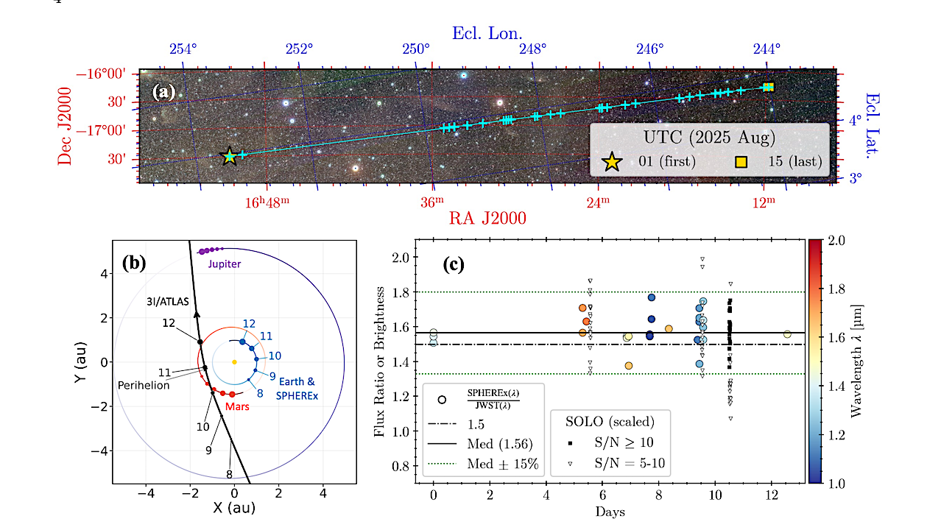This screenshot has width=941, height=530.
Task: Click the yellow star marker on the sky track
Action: pos(230,155)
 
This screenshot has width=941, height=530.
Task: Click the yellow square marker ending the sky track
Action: pos(769,87)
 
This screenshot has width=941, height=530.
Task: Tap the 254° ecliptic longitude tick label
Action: pos(183,49)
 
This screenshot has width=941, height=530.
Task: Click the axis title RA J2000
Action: pos(487,219)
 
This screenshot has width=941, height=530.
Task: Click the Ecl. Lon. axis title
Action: pos(487,32)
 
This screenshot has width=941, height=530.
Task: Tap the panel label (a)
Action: pos(163,92)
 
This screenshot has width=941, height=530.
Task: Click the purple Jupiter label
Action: pos(224,263)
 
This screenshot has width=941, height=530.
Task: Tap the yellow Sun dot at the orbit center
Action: pos(234,361)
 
